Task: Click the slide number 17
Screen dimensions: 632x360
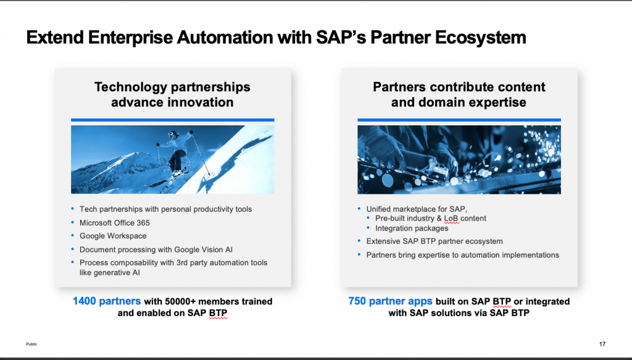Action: click(x=602, y=344)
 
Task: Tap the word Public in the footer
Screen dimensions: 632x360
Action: click(x=31, y=344)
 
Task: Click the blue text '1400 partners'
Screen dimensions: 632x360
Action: click(x=107, y=301)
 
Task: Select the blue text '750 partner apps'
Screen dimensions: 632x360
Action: click(x=390, y=301)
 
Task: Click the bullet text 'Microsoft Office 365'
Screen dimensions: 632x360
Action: click(x=114, y=222)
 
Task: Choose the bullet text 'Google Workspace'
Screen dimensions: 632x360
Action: click(x=113, y=236)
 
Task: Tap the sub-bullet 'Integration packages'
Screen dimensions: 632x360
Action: click(x=412, y=228)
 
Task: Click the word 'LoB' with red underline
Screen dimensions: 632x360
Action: click(x=451, y=219)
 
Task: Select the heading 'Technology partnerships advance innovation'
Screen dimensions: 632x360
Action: click(x=172, y=94)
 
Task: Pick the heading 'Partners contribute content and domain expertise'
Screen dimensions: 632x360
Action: click(x=459, y=94)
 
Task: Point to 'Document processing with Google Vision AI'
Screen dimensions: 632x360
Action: click(x=156, y=249)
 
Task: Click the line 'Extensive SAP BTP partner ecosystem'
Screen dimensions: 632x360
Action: click(x=434, y=241)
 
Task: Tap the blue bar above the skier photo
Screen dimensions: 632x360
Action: click(x=173, y=120)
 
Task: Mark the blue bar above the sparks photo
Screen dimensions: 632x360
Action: click(x=459, y=120)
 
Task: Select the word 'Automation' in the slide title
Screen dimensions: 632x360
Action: click(x=225, y=38)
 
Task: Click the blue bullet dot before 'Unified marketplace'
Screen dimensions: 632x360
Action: click(x=359, y=209)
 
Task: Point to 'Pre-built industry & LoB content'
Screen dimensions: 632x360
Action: click(x=430, y=219)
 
